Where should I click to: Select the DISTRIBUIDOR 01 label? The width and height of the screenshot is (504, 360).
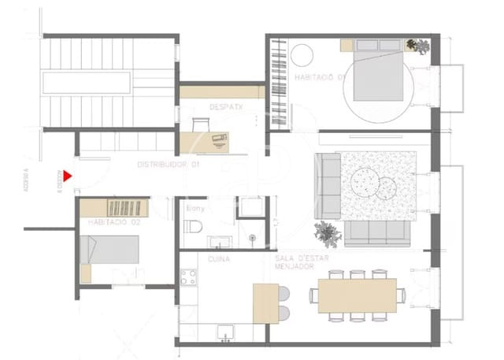pyautogui.click(x=168, y=165)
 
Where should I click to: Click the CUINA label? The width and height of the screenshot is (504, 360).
pyautogui.click(x=218, y=258)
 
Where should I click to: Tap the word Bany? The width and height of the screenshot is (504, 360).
pyautogui.click(x=195, y=209)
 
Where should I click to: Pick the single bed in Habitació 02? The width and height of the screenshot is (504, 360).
pyautogui.click(x=110, y=251)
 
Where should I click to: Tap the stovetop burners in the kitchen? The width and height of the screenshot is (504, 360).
pyautogui.click(x=188, y=277)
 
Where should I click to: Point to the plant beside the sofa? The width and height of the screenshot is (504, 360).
pyautogui.click(x=326, y=232)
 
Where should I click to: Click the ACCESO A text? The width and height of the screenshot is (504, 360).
pyautogui.click(x=26, y=182)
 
